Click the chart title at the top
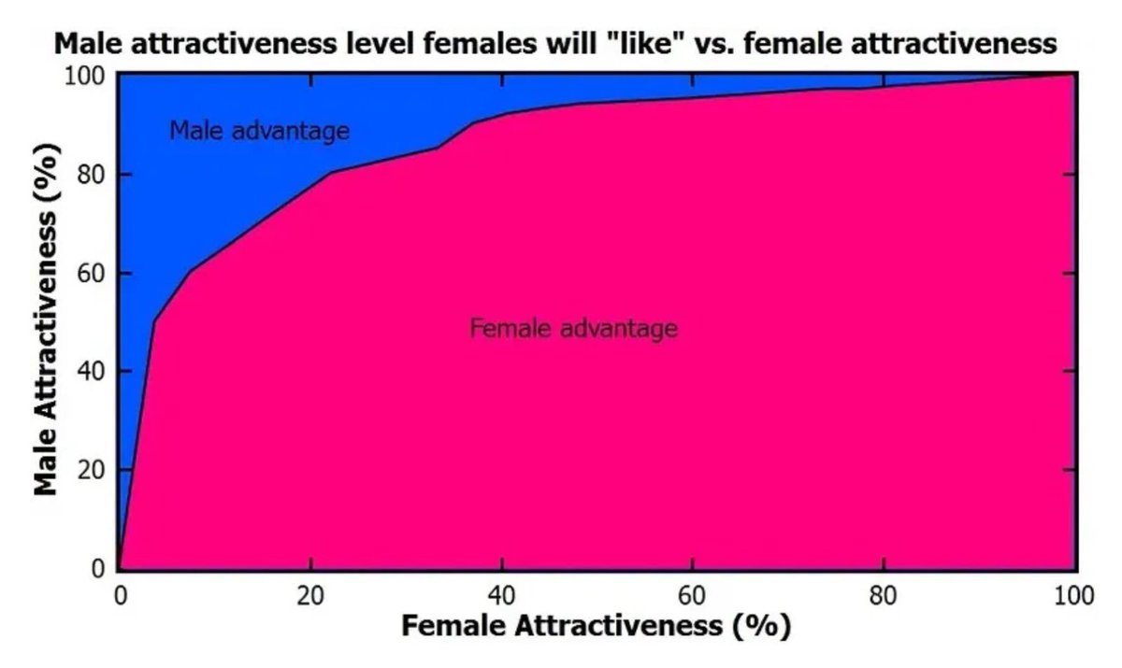coord(555,43)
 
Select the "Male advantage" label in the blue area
coord(259,131)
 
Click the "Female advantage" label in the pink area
coord(573,329)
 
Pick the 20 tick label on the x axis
coord(310,595)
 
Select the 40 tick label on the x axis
coord(502,595)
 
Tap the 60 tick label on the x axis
coord(693,595)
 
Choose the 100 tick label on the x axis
coord(1073,595)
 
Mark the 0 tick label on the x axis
coord(120,595)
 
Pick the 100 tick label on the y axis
coord(87,76)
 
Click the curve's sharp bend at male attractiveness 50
coord(154,320)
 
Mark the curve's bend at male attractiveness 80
coord(330,172)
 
